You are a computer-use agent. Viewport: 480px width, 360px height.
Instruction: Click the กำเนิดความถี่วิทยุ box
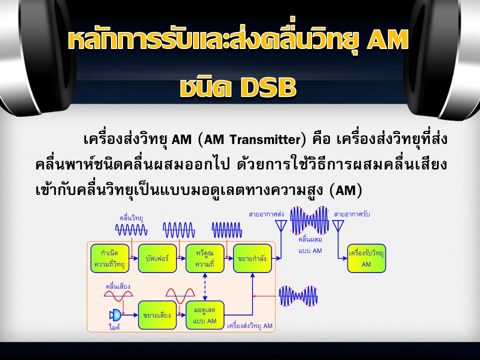tap(110, 258)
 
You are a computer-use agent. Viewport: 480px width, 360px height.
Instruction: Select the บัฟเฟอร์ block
tap(157, 258)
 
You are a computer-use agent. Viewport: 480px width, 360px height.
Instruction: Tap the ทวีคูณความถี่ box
tap(205, 258)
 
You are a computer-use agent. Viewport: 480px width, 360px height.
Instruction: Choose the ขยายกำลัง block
tap(252, 258)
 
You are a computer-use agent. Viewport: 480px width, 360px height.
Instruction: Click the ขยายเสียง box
tap(157, 315)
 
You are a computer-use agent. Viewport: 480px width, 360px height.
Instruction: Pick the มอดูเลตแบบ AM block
tap(205, 315)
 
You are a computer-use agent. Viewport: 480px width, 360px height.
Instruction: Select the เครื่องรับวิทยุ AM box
tap(366, 258)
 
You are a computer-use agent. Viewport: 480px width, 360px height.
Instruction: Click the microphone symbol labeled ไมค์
tap(115, 315)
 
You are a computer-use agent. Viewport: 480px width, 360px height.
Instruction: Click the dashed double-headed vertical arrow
tap(205, 286)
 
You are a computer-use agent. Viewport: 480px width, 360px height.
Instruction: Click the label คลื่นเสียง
tap(118, 286)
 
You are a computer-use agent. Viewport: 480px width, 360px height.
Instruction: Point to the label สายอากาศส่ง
tap(266, 214)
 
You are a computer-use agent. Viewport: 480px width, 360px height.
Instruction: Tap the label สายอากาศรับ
tap(351, 214)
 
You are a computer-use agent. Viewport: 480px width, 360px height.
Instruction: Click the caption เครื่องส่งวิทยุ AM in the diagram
tap(250, 325)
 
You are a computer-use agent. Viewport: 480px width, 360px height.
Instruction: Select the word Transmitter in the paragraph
tap(265, 139)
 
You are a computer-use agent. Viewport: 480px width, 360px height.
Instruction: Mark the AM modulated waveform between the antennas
tap(309, 220)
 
